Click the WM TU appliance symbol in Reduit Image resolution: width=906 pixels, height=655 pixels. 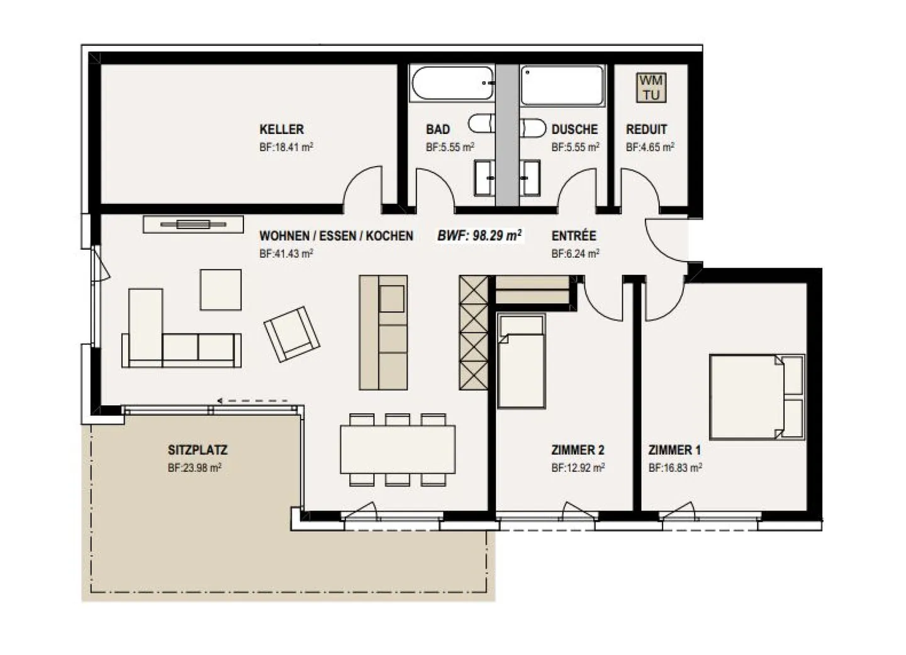pos(651,88)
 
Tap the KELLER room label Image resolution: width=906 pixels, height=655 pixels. pos(281,129)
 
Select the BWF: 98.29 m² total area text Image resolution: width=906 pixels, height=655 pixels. pos(479,236)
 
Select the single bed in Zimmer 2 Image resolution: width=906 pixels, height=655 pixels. pos(521,361)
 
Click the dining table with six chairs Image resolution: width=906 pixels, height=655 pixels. pos(398,449)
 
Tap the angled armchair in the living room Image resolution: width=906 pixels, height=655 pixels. pos(291,334)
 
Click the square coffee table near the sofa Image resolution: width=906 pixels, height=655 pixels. pos(220,289)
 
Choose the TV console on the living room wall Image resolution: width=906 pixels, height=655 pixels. pos(193,224)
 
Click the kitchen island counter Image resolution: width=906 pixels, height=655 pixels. pos(383,332)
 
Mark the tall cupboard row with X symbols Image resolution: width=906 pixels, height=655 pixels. pos(473,332)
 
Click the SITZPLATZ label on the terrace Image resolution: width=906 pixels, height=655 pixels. pos(198,450)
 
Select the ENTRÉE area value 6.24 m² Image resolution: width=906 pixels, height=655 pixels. pos(575,254)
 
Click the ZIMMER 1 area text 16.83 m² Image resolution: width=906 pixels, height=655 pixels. pos(675,468)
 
